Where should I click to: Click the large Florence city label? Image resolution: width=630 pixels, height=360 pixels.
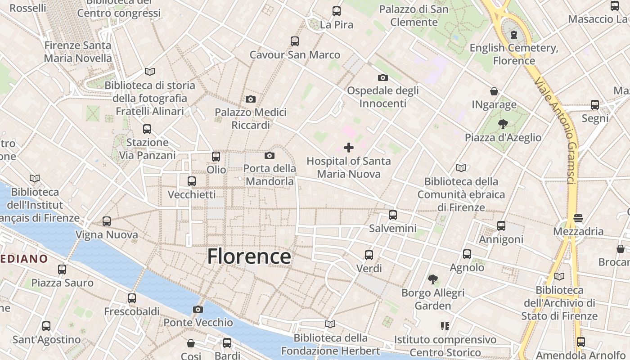click(x=249, y=256)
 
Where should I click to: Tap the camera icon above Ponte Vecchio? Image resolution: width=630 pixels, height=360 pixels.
click(x=198, y=309)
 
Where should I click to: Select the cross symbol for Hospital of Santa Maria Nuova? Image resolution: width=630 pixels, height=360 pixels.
click(x=349, y=147)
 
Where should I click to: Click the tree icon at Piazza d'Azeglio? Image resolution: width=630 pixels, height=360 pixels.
click(x=503, y=124)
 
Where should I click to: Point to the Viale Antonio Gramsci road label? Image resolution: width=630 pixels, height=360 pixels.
click(x=555, y=130)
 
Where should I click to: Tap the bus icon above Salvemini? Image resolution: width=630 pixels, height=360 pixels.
click(x=393, y=215)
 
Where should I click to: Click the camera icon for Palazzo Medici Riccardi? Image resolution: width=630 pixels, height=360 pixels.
click(x=251, y=99)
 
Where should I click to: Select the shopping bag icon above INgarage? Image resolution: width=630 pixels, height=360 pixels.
click(x=494, y=91)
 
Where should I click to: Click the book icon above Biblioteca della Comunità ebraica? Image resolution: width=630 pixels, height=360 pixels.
click(x=461, y=168)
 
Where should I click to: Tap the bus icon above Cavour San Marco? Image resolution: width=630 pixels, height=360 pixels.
click(x=295, y=41)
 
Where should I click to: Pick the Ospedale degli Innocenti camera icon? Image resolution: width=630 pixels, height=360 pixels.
click(x=383, y=77)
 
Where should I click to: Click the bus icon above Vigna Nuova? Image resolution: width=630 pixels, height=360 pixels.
click(x=107, y=221)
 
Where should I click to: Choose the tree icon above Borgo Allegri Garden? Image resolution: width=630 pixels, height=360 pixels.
click(x=433, y=279)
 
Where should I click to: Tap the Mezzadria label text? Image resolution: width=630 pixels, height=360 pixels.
click(x=578, y=231)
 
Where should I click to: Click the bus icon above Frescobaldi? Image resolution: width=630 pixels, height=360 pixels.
click(x=132, y=298)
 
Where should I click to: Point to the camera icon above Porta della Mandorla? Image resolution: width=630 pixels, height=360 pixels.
click(x=270, y=155)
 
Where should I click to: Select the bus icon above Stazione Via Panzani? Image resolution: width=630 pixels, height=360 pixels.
click(x=147, y=129)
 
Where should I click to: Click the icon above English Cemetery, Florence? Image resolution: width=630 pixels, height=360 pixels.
click(x=514, y=35)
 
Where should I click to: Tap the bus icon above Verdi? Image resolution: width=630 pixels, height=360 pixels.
click(x=369, y=255)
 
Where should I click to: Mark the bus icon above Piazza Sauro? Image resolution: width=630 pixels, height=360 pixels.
click(x=62, y=269)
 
